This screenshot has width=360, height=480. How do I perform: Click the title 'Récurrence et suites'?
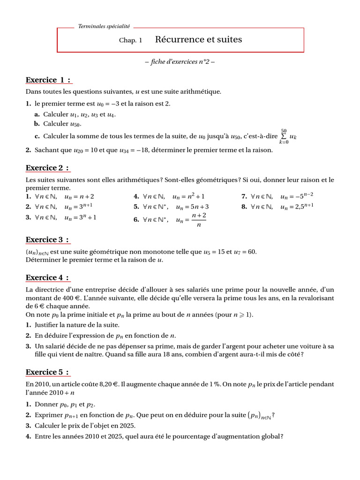click(198, 40)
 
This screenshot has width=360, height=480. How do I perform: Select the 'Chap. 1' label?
click(130, 41)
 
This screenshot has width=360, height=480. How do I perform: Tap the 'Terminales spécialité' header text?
click(104, 27)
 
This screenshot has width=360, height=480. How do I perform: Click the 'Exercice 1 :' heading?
click(48, 80)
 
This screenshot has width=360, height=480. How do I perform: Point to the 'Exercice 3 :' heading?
click(48, 240)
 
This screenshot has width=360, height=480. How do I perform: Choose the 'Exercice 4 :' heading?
click(48, 277)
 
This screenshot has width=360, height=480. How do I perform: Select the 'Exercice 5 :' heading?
click(48, 372)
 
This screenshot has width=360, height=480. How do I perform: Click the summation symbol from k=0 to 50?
click(284, 136)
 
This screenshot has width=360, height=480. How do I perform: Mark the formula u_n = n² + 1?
click(188, 197)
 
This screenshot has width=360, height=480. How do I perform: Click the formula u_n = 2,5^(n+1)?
click(297, 206)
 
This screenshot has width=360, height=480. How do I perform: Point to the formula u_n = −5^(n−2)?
click(297, 197)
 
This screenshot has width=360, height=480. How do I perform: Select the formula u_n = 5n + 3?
click(192, 207)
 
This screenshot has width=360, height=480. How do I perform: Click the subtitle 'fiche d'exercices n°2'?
click(180, 62)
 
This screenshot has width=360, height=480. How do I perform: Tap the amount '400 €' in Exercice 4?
click(63, 299)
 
